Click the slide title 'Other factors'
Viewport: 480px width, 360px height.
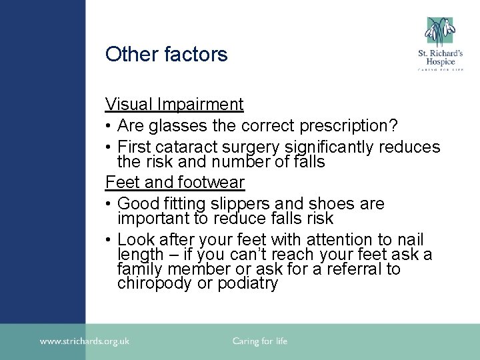[166, 55]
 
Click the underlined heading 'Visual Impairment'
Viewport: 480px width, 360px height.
[174, 104]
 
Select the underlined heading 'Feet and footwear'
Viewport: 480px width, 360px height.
[175, 182]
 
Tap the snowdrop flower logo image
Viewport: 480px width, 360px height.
[440, 31]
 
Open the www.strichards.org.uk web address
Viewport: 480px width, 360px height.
[85, 341]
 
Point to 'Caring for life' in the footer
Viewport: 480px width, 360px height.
[259, 341]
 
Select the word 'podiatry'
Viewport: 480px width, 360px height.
[245, 283]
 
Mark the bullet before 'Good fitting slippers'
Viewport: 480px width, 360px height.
[109, 204]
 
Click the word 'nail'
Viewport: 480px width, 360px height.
[409, 239]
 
